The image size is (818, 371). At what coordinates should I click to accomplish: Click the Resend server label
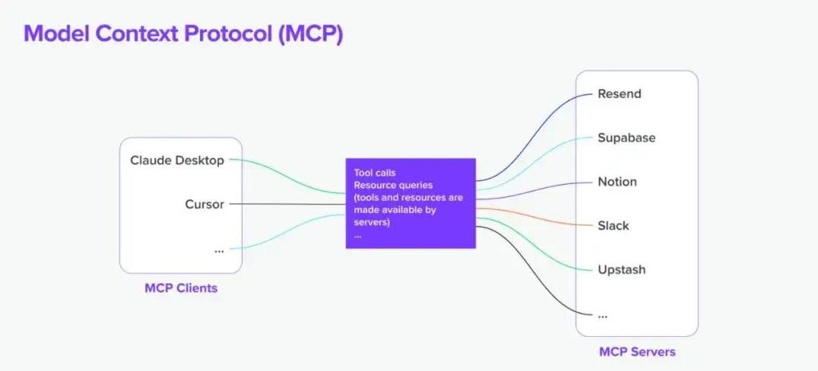[x=620, y=94]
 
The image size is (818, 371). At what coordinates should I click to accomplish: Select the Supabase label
[x=626, y=138]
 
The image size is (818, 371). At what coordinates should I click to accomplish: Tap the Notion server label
[x=617, y=182]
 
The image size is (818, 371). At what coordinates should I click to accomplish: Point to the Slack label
[x=613, y=226]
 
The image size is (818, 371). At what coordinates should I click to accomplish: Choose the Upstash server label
[x=622, y=270]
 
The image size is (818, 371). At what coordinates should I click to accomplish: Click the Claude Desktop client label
[x=177, y=160]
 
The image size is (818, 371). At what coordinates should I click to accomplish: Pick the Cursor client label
[x=204, y=204]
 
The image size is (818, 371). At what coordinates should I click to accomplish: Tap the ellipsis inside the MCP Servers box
[x=603, y=316]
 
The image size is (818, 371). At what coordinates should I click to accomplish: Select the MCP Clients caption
[x=181, y=288]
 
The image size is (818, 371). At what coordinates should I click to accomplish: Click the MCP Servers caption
[x=637, y=352]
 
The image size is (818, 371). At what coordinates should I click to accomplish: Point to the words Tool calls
[x=375, y=173]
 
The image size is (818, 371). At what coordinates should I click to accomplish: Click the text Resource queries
[x=393, y=185]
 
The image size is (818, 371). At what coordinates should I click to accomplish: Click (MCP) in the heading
[x=311, y=34]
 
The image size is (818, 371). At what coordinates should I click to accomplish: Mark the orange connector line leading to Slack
[x=536, y=217]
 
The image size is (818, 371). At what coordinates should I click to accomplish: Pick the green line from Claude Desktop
[x=287, y=176]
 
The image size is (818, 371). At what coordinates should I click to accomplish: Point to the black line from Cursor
[x=287, y=204]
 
